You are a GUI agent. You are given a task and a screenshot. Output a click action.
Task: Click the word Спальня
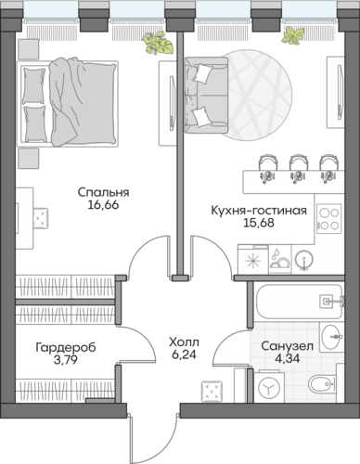pyautogui.click(x=103, y=193)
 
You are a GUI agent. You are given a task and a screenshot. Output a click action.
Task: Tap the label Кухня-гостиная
pyautogui.click(x=258, y=211)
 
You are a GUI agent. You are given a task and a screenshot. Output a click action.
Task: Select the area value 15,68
pyautogui.click(x=258, y=225)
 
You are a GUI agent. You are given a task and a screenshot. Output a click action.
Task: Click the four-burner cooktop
pyautogui.click(x=328, y=218)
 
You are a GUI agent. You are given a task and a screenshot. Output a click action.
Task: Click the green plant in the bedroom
pyautogui.click(x=155, y=43)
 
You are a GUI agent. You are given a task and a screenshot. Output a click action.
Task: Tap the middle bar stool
pyautogui.click(x=299, y=165)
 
